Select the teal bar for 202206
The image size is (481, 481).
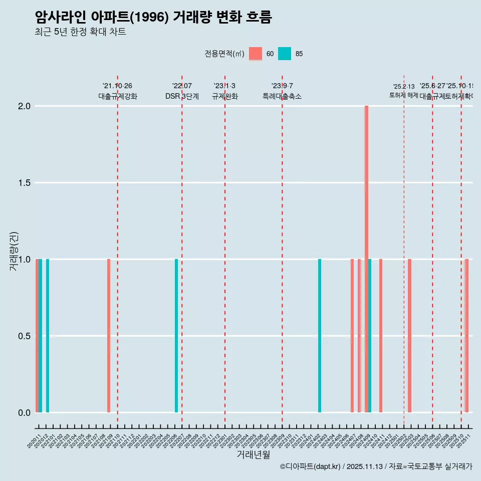tap(176, 336)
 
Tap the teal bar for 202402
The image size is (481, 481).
tap(320, 336)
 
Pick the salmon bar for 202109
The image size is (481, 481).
tap(109, 336)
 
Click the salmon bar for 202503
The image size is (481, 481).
tap(409, 336)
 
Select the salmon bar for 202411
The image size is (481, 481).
tap(381, 336)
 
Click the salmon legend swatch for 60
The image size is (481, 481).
tap(256, 54)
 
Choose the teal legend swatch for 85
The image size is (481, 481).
tap(284, 54)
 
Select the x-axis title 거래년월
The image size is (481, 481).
tap(253, 455)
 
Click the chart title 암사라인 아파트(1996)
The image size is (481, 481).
tap(153, 18)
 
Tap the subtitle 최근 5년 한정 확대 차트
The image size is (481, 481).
tap(80, 32)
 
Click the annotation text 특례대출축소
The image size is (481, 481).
tap(282, 97)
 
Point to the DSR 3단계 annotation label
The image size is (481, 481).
tap(182, 97)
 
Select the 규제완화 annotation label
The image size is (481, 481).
tap(224, 97)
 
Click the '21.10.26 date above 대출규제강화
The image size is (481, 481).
tap(117, 86)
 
